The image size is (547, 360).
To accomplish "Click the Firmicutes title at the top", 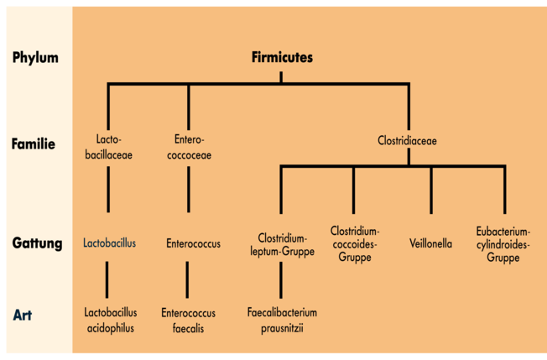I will click(282, 58).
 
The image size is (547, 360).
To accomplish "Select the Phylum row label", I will click(35, 58).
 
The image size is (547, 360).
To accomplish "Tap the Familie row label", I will click(34, 143).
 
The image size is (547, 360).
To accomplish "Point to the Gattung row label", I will click(37, 243).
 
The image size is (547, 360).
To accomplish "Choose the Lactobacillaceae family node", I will click(109, 147).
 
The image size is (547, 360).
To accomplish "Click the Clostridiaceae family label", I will click(408, 141).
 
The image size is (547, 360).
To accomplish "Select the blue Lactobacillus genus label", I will click(109, 243).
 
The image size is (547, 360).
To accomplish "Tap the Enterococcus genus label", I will click(194, 243).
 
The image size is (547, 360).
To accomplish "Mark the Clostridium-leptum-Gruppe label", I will click(282, 243).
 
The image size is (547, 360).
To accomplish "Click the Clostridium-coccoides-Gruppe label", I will click(355, 243).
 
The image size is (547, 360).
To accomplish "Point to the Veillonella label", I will click(431, 243).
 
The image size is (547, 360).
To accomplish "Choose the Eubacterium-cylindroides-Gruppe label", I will click(503, 243).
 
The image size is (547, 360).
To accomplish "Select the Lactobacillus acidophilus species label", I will click(109, 320).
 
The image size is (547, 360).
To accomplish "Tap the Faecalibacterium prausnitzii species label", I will click(282, 320).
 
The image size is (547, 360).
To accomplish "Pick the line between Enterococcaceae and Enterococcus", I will click(188, 189).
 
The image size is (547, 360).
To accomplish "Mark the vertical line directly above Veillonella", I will click(431, 190).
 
